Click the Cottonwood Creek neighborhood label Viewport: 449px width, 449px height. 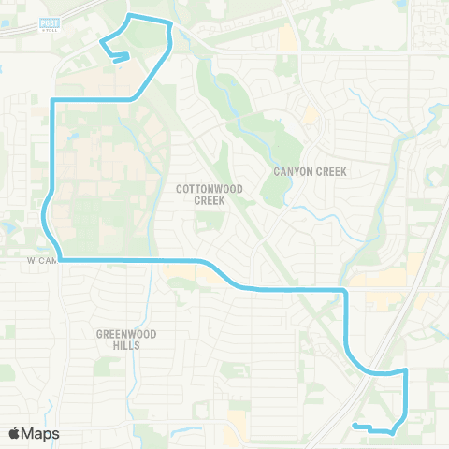(x=210, y=194)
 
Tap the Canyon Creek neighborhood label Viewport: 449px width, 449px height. (x=310, y=172)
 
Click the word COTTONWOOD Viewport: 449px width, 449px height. (x=210, y=188)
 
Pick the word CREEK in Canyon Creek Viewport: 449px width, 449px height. (x=331, y=172)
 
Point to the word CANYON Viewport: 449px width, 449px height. (x=293, y=172)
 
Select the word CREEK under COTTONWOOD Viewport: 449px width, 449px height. (x=210, y=200)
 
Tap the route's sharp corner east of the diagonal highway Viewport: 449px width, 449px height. (x=407, y=370)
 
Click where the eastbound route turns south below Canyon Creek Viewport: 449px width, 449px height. (x=346, y=291)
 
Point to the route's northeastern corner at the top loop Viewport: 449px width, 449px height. (x=170, y=22)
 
